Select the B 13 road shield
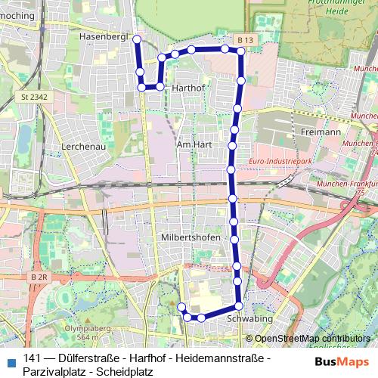click(x=243, y=39)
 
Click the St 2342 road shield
click(x=30, y=97)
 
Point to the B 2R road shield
click(x=39, y=277)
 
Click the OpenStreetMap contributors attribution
click(x=314, y=339)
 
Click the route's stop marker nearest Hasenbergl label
click(x=137, y=39)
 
